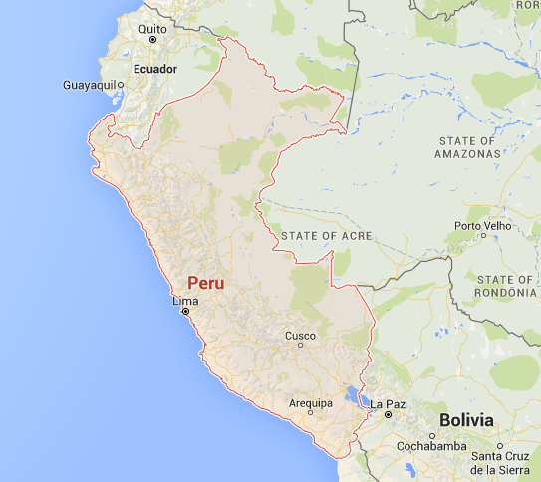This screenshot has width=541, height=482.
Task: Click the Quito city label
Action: (152, 30)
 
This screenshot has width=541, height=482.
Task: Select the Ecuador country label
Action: (154, 69)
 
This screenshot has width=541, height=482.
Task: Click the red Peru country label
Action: (206, 283)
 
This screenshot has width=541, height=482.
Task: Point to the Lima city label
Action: (185, 301)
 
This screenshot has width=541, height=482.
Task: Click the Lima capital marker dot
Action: (184, 312)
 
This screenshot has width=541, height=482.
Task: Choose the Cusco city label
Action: (300, 337)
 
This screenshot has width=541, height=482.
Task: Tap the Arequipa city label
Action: (310, 403)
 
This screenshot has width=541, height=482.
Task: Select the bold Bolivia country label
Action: (466, 420)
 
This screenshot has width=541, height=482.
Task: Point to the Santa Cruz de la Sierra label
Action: (505, 462)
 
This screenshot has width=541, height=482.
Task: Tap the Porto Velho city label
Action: (482, 226)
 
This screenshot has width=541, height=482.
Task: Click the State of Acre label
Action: (326, 235)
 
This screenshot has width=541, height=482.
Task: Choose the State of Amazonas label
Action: (467, 147)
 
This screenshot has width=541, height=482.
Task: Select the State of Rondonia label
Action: (505, 285)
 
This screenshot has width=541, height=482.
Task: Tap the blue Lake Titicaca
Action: (353, 396)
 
